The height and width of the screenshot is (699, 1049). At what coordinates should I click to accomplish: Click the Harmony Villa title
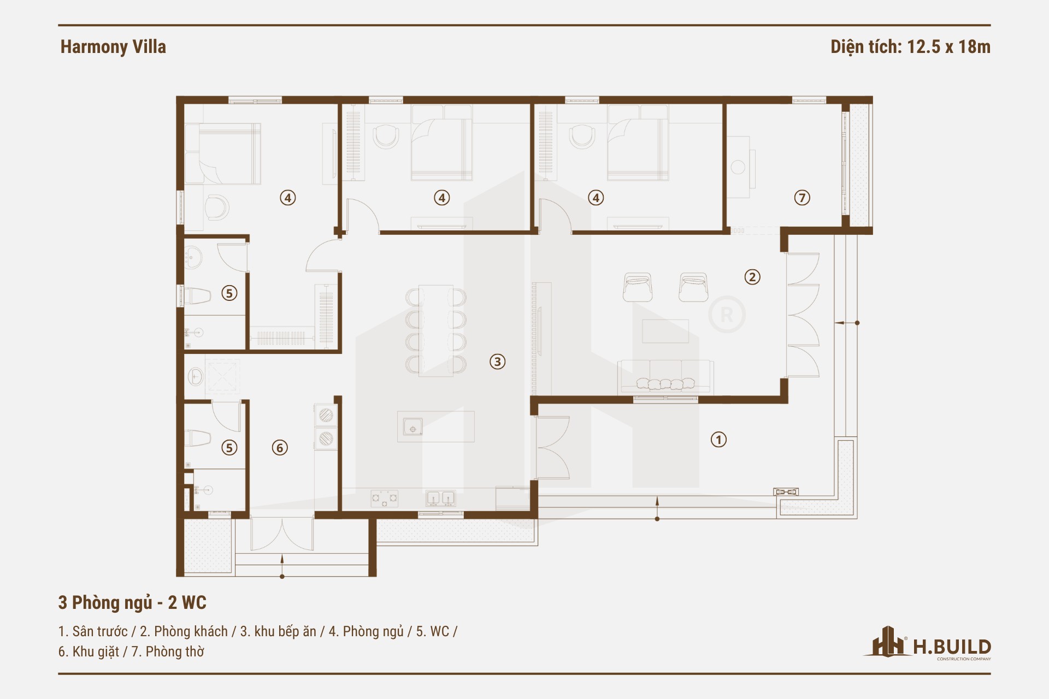point(113,47)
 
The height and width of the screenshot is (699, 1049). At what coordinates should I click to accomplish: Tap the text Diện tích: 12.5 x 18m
point(910,47)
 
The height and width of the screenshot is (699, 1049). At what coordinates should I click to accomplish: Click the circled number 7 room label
point(802,198)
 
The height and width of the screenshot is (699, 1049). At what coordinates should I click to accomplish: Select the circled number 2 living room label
point(752,277)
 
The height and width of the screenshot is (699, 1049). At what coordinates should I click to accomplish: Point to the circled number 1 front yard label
point(718,440)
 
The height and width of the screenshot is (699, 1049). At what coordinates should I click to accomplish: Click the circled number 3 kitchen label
point(497,362)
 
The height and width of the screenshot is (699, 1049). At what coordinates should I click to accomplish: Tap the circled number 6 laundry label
point(280,448)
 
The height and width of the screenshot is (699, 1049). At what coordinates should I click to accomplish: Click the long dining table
point(436,331)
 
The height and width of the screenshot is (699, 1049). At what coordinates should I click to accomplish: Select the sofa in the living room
point(665,377)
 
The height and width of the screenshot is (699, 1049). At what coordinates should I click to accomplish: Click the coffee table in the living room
point(665,331)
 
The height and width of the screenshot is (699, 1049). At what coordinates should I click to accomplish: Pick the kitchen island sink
point(412,426)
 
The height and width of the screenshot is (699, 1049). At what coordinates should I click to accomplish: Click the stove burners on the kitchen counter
point(385,498)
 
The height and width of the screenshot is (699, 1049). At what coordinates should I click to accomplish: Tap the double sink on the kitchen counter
point(440,498)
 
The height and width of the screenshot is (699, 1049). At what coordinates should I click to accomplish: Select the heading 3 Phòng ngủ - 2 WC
point(132,602)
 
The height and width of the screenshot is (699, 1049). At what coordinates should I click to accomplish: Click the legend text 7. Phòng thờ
point(168,651)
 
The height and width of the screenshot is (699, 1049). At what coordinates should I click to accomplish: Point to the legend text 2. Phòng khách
point(184,631)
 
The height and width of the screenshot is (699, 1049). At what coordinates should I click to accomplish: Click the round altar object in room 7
point(738,167)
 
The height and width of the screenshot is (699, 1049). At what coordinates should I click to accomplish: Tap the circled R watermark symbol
point(727,315)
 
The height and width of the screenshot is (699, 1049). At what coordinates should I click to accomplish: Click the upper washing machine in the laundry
point(326,415)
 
